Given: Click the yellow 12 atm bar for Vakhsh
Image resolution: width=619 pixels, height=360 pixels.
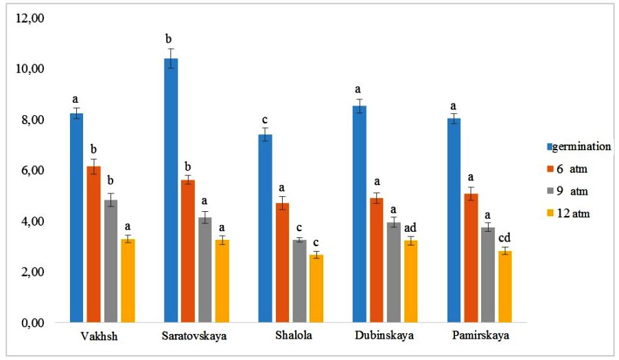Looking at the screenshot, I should click(128, 280).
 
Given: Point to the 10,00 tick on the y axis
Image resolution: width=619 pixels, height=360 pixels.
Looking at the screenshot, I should click(30, 69).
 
